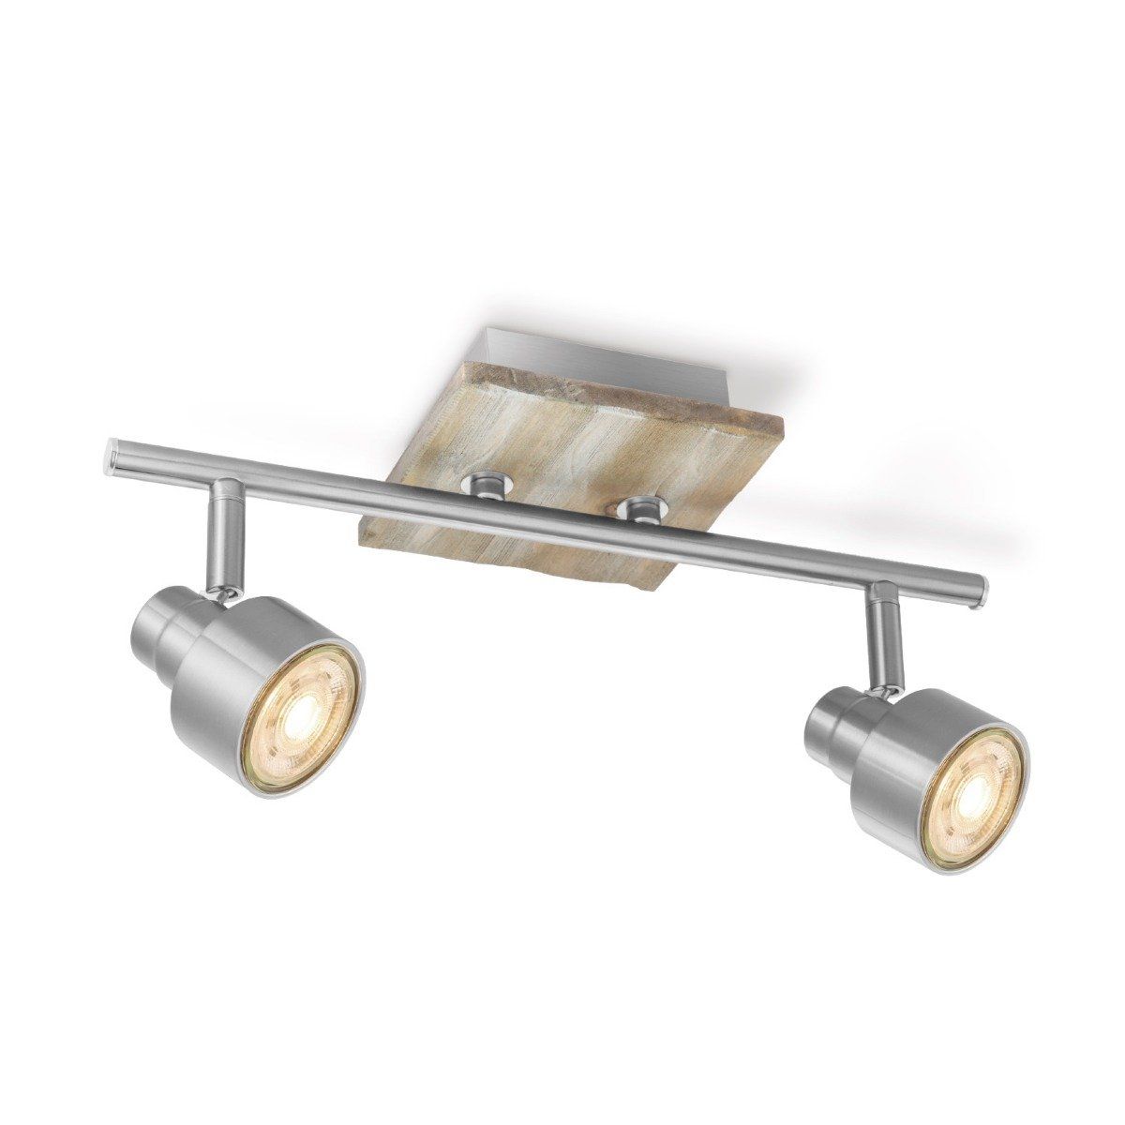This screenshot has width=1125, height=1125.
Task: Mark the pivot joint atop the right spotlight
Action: (881, 689)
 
